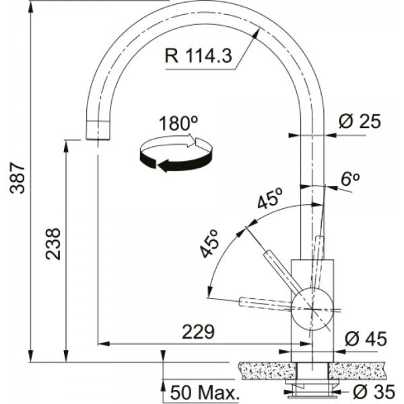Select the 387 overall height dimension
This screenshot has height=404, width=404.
(21, 178)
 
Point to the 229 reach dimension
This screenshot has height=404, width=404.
(198, 331)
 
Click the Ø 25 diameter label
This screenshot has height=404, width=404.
(360, 122)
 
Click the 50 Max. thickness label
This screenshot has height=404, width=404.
(205, 392)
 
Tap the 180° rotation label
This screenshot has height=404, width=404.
(178, 124)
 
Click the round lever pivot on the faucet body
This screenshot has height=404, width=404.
(312, 308)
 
